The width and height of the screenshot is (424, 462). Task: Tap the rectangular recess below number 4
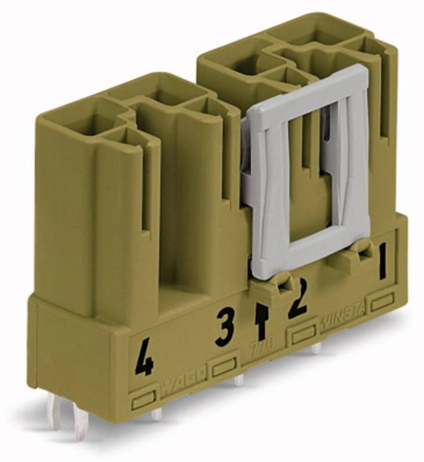pos(143,400)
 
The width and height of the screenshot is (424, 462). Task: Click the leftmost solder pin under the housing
pos(56,411)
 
